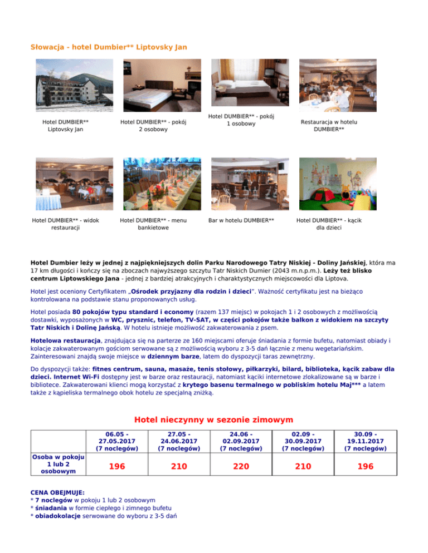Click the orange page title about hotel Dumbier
click(x=109, y=47)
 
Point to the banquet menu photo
click(x=153, y=182)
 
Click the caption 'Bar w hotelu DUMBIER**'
click(x=241, y=221)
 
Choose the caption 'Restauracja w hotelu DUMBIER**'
click(x=329, y=125)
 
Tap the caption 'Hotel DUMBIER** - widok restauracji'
click(x=66, y=224)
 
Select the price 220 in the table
click(x=241, y=467)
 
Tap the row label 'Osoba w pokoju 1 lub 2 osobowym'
click(x=55, y=465)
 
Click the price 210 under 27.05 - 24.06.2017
click(x=179, y=467)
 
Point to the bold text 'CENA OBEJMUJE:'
click(x=57, y=493)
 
